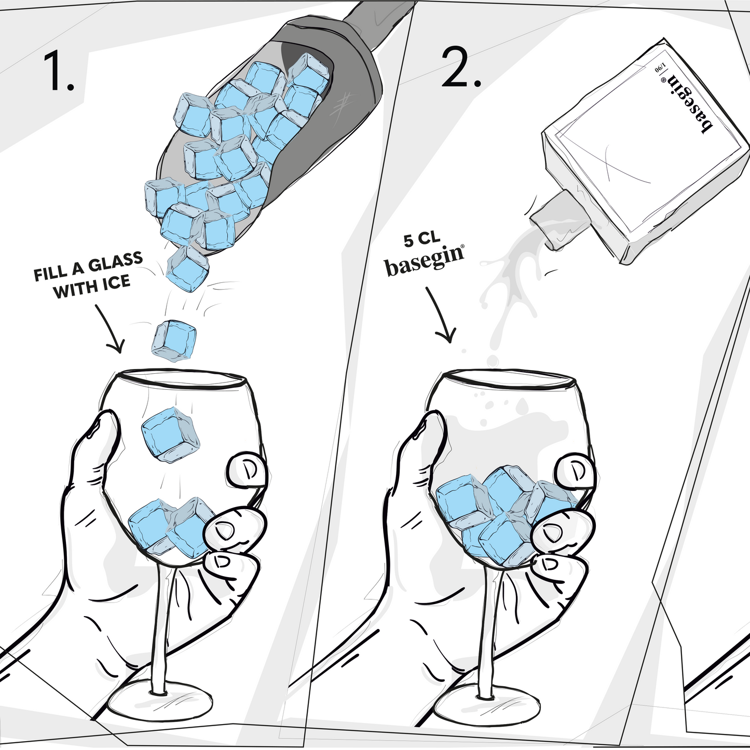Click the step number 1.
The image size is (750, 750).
coord(58,71)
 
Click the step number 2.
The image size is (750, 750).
coord(461,67)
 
